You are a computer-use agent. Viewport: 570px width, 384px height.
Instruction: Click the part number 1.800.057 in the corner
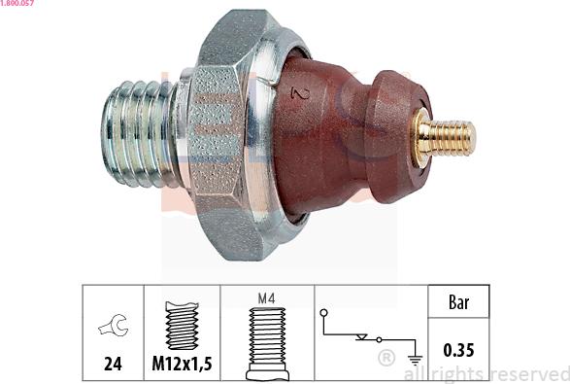pos(17,3)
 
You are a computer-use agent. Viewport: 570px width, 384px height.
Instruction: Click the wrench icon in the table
pos(114,325)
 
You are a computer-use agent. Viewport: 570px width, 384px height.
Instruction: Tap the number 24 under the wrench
pos(113,364)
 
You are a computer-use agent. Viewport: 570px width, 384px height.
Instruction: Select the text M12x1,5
pos(182,364)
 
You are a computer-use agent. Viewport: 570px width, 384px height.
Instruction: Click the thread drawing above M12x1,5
pos(182,326)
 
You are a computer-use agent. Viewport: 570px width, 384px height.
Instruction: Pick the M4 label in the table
pos(266,298)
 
